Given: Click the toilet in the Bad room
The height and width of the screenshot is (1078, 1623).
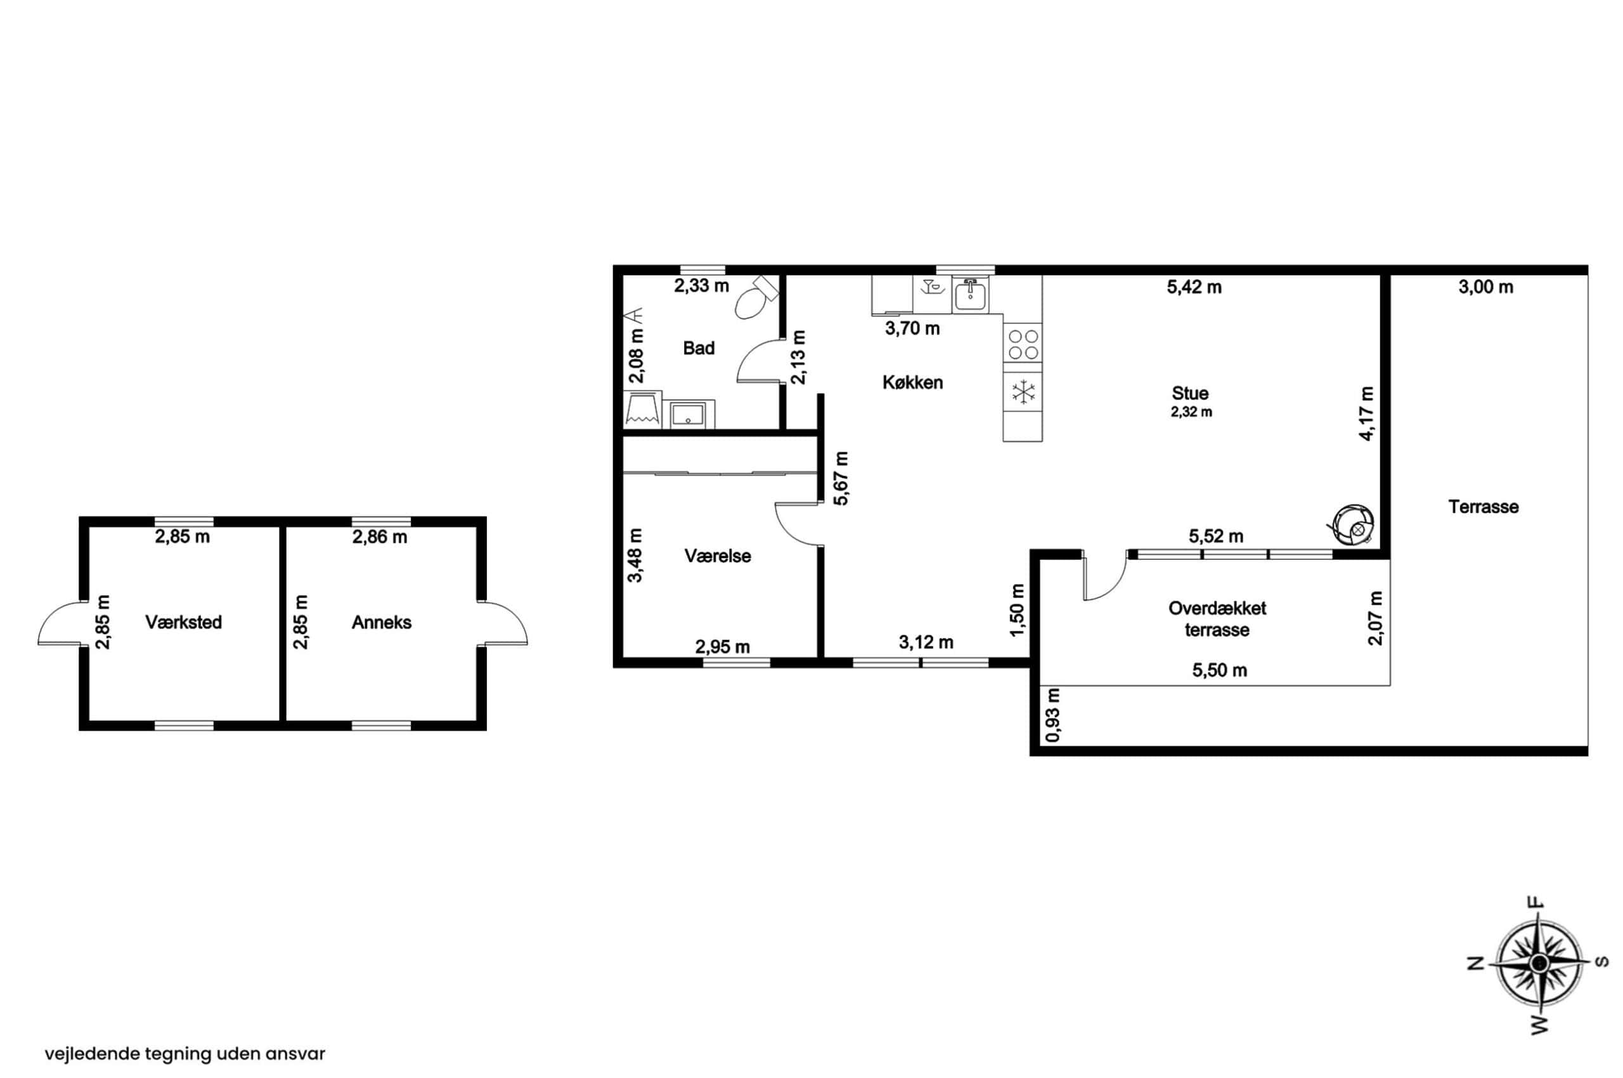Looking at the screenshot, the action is (x=755, y=297).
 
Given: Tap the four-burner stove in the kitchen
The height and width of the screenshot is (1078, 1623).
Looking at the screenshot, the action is (x=1022, y=344).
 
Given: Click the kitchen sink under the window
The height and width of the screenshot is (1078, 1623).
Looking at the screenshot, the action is (x=970, y=295).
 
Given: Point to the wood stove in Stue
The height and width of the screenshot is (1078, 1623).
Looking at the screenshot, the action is (x=1352, y=525).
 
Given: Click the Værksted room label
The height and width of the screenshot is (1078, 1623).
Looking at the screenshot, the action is (x=184, y=622).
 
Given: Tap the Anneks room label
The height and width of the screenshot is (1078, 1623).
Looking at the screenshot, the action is (x=382, y=622).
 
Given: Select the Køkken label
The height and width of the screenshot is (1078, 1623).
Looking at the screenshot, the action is (x=912, y=382).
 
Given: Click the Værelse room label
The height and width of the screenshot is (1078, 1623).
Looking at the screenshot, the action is (x=718, y=556).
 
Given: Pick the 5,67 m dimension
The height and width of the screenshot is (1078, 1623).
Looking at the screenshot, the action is (x=841, y=478).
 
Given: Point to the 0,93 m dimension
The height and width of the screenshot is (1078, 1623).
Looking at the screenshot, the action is (x=1052, y=716).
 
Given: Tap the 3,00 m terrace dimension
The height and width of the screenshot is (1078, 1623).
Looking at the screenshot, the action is (x=1485, y=287).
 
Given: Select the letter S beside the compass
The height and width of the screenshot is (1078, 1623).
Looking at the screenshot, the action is (x=1601, y=962).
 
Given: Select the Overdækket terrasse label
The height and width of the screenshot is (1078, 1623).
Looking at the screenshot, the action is (x=1217, y=619).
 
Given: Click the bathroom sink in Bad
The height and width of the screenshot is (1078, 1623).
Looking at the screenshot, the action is (x=688, y=415).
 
